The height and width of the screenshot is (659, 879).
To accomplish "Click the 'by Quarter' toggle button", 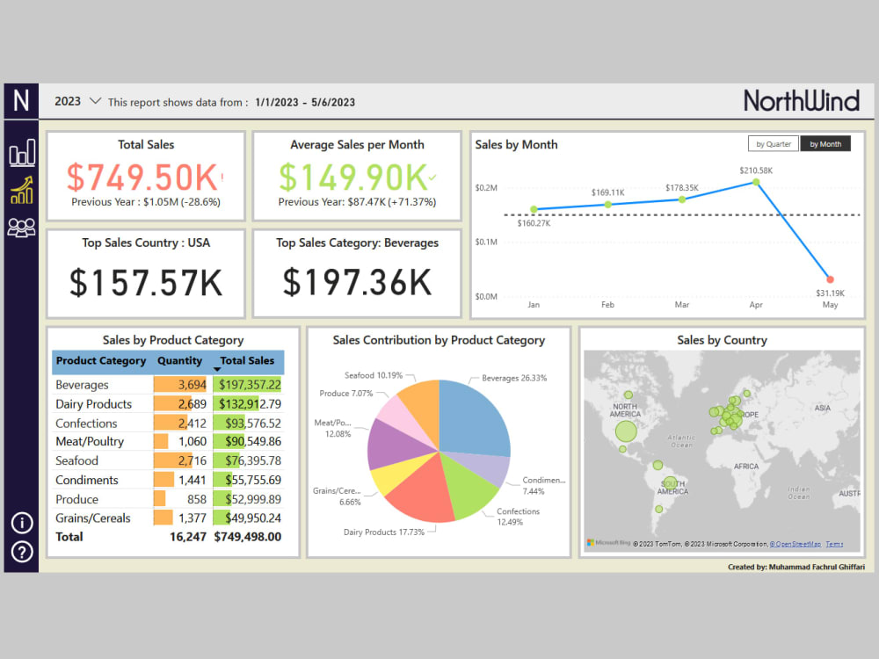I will (x=773, y=144).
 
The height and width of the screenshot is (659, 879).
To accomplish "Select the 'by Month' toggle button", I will (x=825, y=144).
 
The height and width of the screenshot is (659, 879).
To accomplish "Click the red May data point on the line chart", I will (x=830, y=279).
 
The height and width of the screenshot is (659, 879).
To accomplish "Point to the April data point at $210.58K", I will (x=755, y=183).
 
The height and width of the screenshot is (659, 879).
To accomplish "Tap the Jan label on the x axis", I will (x=534, y=305).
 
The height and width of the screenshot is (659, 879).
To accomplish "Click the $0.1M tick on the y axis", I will (x=486, y=242).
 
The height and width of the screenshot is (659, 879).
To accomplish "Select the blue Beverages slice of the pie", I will (x=475, y=417).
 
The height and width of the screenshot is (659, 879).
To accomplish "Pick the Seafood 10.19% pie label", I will (x=374, y=375).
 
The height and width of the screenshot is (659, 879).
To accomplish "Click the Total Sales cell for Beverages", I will (x=249, y=385).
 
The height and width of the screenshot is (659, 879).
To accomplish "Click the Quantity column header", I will (x=179, y=360).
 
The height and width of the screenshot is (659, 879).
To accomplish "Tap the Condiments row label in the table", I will (x=87, y=480).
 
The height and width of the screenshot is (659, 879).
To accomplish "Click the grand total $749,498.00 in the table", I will (x=248, y=536).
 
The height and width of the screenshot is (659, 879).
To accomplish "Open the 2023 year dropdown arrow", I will (x=96, y=101).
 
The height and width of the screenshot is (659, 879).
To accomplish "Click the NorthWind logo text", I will (x=801, y=100).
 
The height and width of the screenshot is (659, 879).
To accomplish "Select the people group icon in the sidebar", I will (x=22, y=228).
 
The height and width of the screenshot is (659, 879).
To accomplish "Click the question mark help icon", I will (x=22, y=552).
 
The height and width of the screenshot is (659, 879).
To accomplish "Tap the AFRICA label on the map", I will (x=746, y=467).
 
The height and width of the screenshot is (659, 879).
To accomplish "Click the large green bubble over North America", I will (x=625, y=431).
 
